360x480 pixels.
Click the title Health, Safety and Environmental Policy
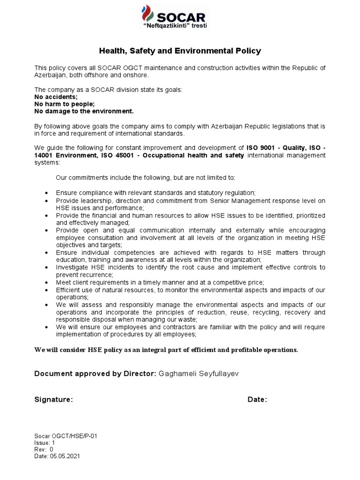(x=180, y=51)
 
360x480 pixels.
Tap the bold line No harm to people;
(x=65, y=104)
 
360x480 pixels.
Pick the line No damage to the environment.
(x=84, y=111)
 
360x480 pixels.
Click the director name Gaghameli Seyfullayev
(x=201, y=373)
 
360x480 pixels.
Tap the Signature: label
(x=54, y=399)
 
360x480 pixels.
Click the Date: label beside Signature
(x=257, y=399)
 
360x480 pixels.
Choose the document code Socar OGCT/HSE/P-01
(x=66, y=435)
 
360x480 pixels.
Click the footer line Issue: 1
(x=45, y=442)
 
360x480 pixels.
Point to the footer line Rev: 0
(x=44, y=449)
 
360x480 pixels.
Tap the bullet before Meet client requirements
(x=46, y=283)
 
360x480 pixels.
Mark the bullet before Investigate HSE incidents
(x=46, y=268)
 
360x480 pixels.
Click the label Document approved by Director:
(x=95, y=373)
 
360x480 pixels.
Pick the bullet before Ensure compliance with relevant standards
(x=46, y=193)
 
